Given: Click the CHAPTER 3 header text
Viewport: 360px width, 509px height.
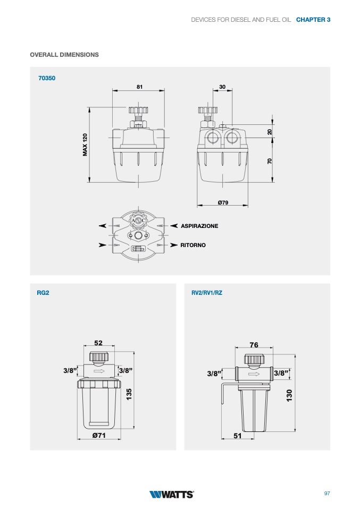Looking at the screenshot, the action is pos(313,20).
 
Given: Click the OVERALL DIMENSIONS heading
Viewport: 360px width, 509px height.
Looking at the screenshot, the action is pos(64,55).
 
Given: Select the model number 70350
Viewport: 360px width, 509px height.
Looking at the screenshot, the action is pos(47,78).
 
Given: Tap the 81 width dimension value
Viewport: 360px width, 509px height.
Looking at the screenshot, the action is pos(139,87).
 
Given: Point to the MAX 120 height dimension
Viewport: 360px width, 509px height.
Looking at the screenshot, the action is pos(85,145).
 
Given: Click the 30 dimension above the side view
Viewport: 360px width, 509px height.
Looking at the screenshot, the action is pos(222,87).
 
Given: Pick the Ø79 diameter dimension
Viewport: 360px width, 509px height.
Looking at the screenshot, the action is pos(223,202).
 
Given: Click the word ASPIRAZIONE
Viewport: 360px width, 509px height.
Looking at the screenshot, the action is pos(199,226).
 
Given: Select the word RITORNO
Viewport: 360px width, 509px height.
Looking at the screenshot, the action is pos(193,245).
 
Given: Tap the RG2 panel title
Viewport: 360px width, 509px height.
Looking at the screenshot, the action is pos(43,293).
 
